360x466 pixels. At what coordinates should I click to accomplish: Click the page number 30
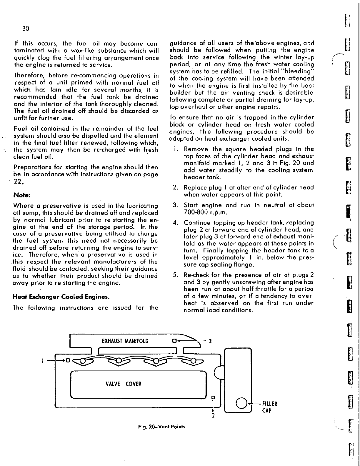[26, 29]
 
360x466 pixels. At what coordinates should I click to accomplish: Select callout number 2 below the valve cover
[213, 415]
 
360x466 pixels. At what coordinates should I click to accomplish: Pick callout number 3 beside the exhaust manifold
[210, 341]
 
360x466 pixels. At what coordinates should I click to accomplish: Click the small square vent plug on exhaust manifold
[174, 341]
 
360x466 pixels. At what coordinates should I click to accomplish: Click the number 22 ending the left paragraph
[19, 182]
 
